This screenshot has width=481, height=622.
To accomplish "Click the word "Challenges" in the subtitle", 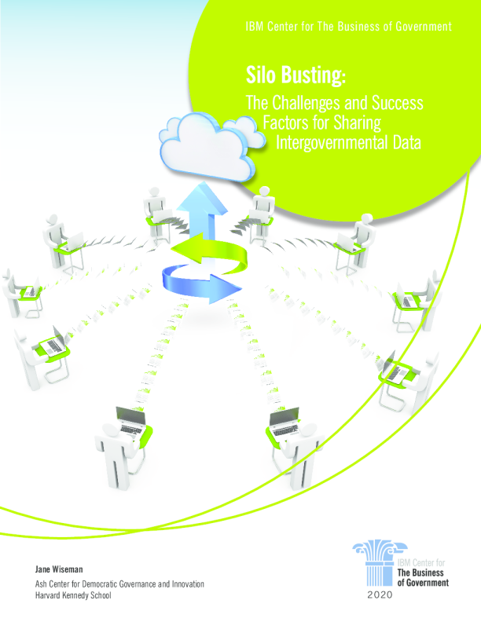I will coord(307,102).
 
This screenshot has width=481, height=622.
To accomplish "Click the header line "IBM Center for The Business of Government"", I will coord(348,27).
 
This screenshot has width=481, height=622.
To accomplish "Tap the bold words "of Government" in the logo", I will coord(422,584).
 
